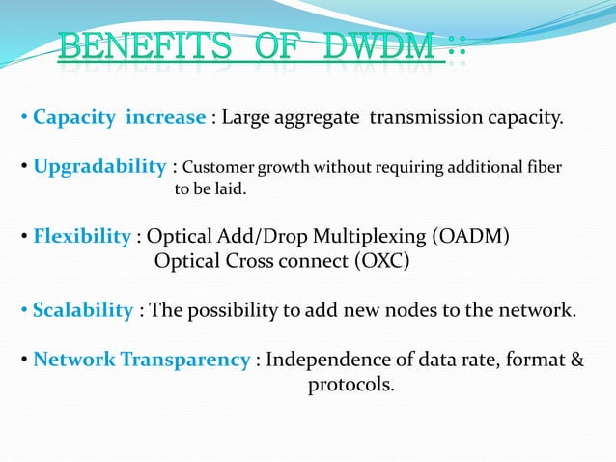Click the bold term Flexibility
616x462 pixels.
pos(82,237)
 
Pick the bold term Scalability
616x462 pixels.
pos(83,310)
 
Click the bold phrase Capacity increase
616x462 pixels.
pos(119,118)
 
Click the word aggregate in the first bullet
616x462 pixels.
pos(316,118)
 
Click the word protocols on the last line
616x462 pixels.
pos(351,386)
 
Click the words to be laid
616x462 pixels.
pos(210,189)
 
